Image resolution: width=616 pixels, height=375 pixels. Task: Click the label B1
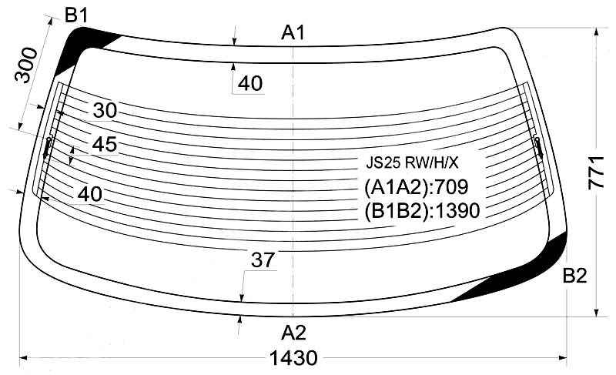tap(76, 15)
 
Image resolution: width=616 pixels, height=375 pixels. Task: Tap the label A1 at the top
tap(293, 32)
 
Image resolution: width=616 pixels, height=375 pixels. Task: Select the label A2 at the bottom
tap(293, 333)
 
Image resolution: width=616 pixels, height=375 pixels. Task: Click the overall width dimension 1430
tap(293, 359)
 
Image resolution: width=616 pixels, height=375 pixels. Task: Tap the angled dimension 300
tap(26, 66)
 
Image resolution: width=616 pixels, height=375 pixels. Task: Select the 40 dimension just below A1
tap(250, 83)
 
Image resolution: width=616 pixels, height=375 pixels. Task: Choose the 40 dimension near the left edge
tap(89, 194)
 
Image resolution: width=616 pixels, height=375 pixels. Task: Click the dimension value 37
tap(262, 261)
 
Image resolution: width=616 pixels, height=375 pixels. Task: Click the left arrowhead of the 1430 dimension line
tap(23, 358)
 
